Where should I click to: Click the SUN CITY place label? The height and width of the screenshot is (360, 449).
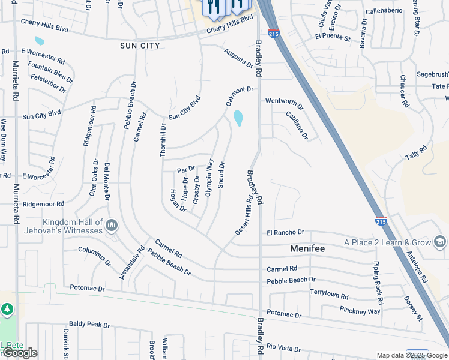[x=139, y=46]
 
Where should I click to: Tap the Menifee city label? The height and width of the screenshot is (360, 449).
[x=307, y=247]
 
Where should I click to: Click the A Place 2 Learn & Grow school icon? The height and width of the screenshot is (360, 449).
[x=439, y=242]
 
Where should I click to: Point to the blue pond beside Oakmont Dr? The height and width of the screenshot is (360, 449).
[x=238, y=118]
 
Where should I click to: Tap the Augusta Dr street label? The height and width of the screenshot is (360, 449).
[x=238, y=59]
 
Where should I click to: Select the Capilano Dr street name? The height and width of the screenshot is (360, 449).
[x=297, y=125]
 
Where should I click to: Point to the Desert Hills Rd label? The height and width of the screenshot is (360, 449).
[x=243, y=214]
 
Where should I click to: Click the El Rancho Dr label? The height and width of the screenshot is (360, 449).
[x=286, y=232]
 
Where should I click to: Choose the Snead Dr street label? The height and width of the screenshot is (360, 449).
[x=221, y=175]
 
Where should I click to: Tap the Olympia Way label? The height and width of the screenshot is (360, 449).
[x=209, y=178]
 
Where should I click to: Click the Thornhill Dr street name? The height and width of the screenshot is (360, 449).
[x=163, y=140]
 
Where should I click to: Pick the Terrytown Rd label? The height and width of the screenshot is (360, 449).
[x=329, y=295]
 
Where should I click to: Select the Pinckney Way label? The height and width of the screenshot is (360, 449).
[x=360, y=311]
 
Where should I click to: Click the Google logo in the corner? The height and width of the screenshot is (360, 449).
[x=20, y=353]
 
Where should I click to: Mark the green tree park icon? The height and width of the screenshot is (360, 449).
[x=7, y=309]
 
